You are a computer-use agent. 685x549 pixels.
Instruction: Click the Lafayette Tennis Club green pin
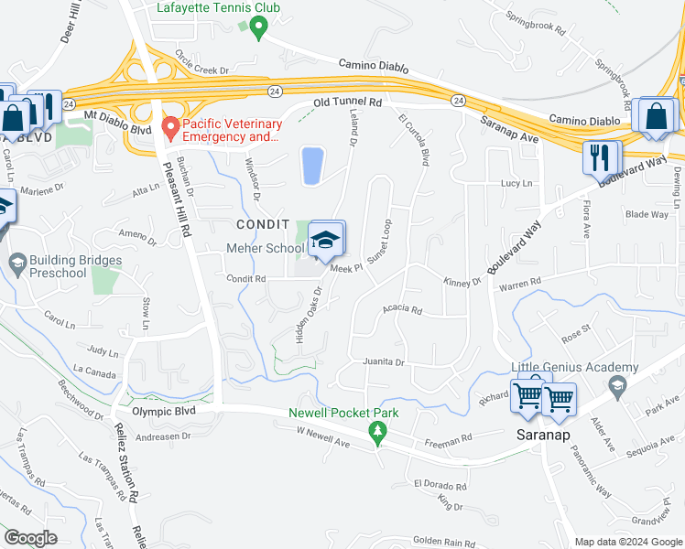[258, 30]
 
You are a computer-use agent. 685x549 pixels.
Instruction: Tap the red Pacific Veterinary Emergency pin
[169, 128]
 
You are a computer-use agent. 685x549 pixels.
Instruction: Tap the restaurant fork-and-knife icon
[601, 157]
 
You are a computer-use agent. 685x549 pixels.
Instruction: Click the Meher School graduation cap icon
[325, 241]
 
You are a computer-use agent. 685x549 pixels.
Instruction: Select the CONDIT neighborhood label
[263, 224]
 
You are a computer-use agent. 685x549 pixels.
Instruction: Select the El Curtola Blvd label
[413, 138]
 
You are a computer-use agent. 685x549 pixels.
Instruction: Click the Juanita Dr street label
[383, 362]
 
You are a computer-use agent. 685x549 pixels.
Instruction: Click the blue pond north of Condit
[311, 166]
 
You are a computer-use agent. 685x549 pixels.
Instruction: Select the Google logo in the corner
[30, 538]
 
